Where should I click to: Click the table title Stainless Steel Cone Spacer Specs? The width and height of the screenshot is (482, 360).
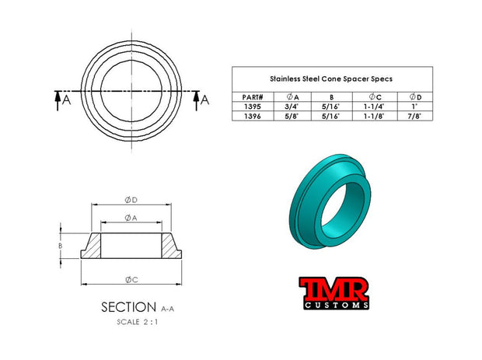pos(331,79)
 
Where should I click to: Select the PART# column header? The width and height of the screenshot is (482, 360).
pos(253,97)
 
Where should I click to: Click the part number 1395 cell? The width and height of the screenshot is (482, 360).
pos(253,107)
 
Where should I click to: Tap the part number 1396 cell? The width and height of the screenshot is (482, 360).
pos(253,116)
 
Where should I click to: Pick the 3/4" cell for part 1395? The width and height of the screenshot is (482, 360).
pos(292,107)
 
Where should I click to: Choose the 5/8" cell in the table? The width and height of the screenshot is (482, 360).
pos(292,116)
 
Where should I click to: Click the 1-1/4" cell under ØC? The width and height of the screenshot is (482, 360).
pos(374,107)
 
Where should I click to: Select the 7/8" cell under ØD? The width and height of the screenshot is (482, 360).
pos(414,116)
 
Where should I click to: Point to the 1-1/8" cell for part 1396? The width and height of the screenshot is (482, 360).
pos(374,116)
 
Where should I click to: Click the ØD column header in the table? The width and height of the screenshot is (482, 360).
pos(415,97)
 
